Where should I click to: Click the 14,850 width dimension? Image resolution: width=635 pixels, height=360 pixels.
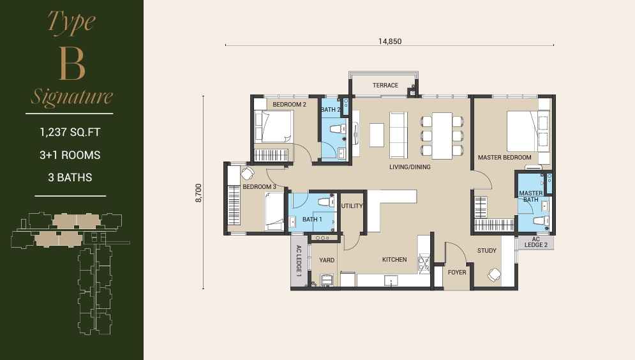point(389,41)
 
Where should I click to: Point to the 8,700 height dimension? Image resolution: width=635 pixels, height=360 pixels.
point(198,193)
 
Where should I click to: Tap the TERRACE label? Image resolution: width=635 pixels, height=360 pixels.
point(385,85)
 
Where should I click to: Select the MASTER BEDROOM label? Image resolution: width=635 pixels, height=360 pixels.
point(505,157)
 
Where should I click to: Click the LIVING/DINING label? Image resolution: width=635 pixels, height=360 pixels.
point(410,167)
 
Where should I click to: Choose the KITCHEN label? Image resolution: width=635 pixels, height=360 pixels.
point(394,260)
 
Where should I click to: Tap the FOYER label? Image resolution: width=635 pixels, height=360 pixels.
point(457,272)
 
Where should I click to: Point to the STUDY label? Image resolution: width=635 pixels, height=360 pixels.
point(487,251)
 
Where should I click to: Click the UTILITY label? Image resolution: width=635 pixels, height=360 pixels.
point(352,206)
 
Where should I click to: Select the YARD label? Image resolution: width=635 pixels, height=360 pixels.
point(327,260)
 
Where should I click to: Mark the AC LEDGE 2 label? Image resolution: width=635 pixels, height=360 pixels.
point(536,242)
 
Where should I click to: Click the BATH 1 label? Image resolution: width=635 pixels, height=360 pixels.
point(312,220)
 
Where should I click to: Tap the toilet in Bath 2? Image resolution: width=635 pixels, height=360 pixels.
point(338,129)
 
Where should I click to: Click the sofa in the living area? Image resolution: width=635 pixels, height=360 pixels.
point(398,135)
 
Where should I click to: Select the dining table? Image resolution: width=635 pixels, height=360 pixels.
point(442,136)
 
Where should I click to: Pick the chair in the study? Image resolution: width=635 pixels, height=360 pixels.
point(494,275)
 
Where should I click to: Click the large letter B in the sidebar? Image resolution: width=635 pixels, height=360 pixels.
point(72,64)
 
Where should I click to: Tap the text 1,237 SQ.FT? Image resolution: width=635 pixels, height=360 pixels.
point(70,132)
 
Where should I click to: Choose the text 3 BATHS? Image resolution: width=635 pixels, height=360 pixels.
point(70,177)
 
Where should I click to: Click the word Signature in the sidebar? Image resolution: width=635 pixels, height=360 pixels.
point(72,96)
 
